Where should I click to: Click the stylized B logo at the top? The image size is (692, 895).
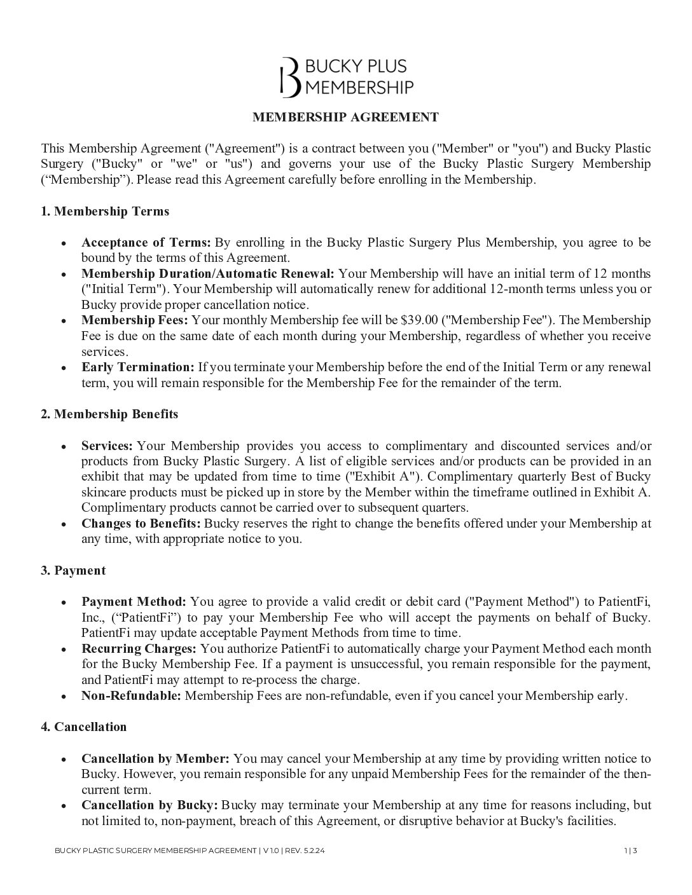pyautogui.click(x=290, y=77)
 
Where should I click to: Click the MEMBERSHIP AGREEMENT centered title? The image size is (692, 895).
pyautogui.click(x=345, y=117)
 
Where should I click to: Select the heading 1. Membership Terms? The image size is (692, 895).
pyautogui.click(x=105, y=211)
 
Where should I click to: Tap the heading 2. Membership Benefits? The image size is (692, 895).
pyautogui.click(x=109, y=414)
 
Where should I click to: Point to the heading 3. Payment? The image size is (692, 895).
pyautogui.click(x=73, y=570)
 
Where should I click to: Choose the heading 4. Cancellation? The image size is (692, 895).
pyautogui.click(x=84, y=727)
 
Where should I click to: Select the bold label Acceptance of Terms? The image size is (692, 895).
pyautogui.click(x=146, y=242)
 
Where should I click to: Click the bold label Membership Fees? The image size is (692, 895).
pyautogui.click(x=135, y=320)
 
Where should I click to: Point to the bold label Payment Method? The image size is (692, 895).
pyautogui.click(x=134, y=601)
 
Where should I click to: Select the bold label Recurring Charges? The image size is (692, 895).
pyautogui.click(x=139, y=648)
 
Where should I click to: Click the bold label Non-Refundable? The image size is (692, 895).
pyautogui.click(x=131, y=695)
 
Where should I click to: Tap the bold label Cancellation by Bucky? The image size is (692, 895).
pyautogui.click(x=149, y=805)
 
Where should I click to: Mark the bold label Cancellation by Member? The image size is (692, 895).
pyautogui.click(x=155, y=758)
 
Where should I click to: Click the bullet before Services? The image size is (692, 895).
pyautogui.click(x=64, y=446)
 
